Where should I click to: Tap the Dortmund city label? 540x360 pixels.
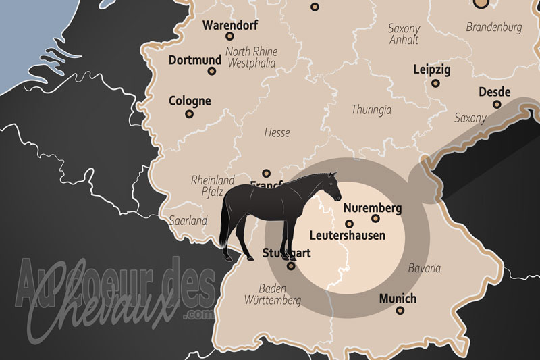pos(195,59)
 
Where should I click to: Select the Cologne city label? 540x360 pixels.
pos(190,101)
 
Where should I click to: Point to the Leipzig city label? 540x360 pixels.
pos(432,70)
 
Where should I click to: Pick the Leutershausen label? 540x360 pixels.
pos(347,236)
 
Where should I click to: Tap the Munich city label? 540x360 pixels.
pos(398,299)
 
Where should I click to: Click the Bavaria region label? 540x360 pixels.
pos(425,268)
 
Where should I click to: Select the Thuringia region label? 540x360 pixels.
pos(372,109)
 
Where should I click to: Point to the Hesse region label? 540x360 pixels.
pos(277,133)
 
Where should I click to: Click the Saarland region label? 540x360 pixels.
pos(189,221)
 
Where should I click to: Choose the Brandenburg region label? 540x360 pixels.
pos(494,28)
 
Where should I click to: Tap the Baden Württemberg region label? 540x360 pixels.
pos(273,294)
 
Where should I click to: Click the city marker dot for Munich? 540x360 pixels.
pos(400,311)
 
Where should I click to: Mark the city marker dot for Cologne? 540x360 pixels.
pos(190,113)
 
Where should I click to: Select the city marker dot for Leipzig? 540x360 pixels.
pos(436,83)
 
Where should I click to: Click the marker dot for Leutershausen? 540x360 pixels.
pos(349,224)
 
